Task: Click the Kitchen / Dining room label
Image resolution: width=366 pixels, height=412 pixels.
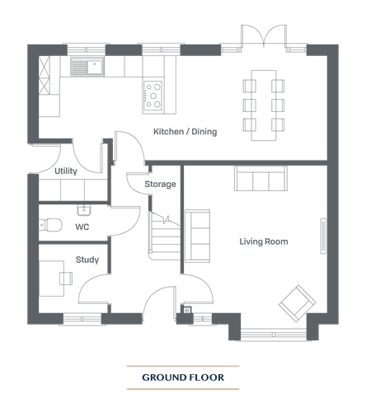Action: pyautogui.click(x=185, y=132)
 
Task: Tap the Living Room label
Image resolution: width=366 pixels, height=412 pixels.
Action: pyautogui.click(x=264, y=241)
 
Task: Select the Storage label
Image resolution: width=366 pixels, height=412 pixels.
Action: pyautogui.click(x=160, y=184)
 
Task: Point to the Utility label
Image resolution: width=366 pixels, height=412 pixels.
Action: pyautogui.click(x=66, y=171)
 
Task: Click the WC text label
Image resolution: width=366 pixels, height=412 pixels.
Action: pyautogui.click(x=82, y=227)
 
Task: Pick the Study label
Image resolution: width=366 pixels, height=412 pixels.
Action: pyautogui.click(x=87, y=260)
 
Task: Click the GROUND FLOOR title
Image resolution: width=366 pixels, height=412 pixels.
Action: pyautogui.click(x=183, y=377)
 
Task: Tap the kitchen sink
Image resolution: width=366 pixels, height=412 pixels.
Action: pyautogui.click(x=87, y=66)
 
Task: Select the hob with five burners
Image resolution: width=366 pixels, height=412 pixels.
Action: pyautogui.click(x=153, y=96)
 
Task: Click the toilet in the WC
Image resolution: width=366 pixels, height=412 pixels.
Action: pyautogui.click(x=50, y=225)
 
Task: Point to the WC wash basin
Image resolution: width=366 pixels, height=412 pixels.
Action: pyautogui.click(x=83, y=210)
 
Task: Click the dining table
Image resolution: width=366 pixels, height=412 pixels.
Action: pyautogui.click(x=264, y=105)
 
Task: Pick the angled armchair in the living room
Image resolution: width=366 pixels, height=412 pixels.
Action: pyautogui.click(x=298, y=303)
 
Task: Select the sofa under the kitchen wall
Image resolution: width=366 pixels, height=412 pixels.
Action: pyautogui.click(x=260, y=178)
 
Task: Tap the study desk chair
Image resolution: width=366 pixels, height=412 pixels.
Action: pyautogui.click(x=66, y=279)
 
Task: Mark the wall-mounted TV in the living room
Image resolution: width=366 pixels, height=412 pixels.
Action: pyautogui.click(x=323, y=236)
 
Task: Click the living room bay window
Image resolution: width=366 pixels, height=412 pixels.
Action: pyautogui.click(x=274, y=335)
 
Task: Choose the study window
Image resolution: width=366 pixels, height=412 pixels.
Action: pyautogui.click(x=82, y=319)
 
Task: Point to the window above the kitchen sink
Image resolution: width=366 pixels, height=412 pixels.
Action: pyautogui.click(x=87, y=49)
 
